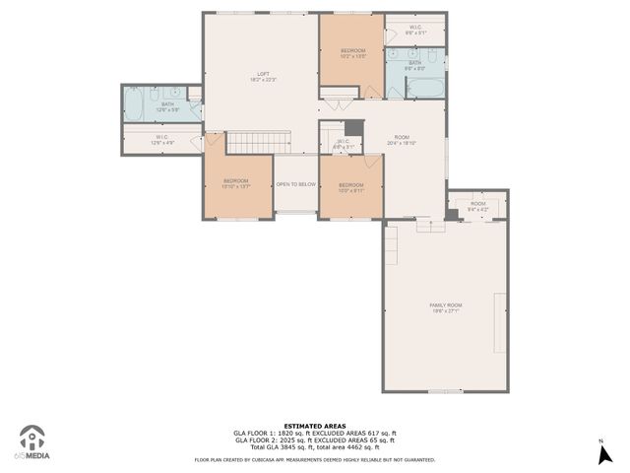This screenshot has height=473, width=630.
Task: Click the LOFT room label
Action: coord(263,77)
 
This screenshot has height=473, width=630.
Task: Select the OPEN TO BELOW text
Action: coord(295,184)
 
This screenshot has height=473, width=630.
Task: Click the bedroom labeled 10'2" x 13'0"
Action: coord(353,53)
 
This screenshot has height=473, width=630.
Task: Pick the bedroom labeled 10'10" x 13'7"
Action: coord(236,183)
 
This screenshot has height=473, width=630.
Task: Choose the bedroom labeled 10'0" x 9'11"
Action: coord(351,187)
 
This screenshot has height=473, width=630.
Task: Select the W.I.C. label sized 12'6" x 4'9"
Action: coord(163,140)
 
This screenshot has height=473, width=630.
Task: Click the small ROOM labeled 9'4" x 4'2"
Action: coord(477,206)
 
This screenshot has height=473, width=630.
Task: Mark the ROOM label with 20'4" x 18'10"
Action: coord(402,140)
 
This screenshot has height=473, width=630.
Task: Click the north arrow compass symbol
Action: coord(600,452)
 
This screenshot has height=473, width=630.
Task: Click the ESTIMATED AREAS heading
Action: coord(315,426)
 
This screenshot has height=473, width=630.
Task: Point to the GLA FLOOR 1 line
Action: coord(315,433)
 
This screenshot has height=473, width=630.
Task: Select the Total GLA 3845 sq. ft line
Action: coord(315,447)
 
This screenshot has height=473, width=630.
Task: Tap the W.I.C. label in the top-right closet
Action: coord(415,30)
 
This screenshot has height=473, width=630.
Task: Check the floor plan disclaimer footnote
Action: coord(315,459)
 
